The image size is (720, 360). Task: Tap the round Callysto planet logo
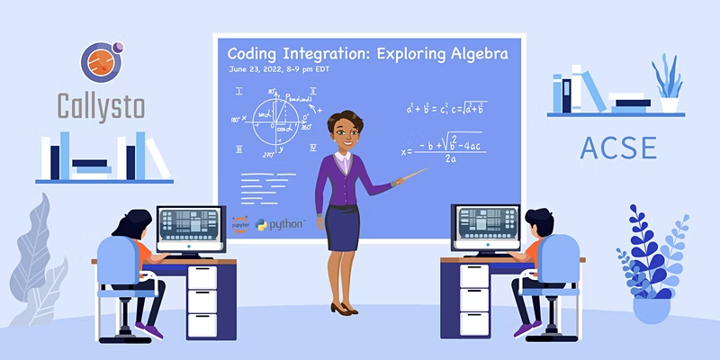(101, 61)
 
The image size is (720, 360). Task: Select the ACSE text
(617, 146)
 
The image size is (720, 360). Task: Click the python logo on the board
(281, 224)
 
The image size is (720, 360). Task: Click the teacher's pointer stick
(409, 177)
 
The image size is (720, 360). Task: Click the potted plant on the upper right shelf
(668, 85)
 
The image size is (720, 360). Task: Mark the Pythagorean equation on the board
(446, 109)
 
